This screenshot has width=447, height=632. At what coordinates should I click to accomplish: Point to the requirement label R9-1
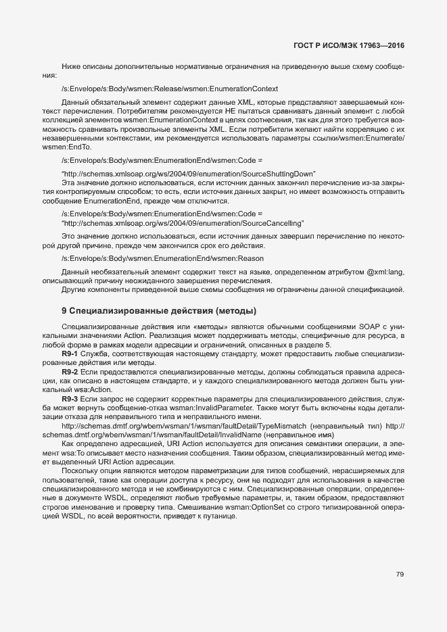coord(70,354)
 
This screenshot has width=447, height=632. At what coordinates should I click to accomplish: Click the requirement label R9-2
coord(70,372)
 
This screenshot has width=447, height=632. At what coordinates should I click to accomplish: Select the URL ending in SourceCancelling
coord(183,222)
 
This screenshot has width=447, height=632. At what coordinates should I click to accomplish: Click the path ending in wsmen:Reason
coord(162,259)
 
